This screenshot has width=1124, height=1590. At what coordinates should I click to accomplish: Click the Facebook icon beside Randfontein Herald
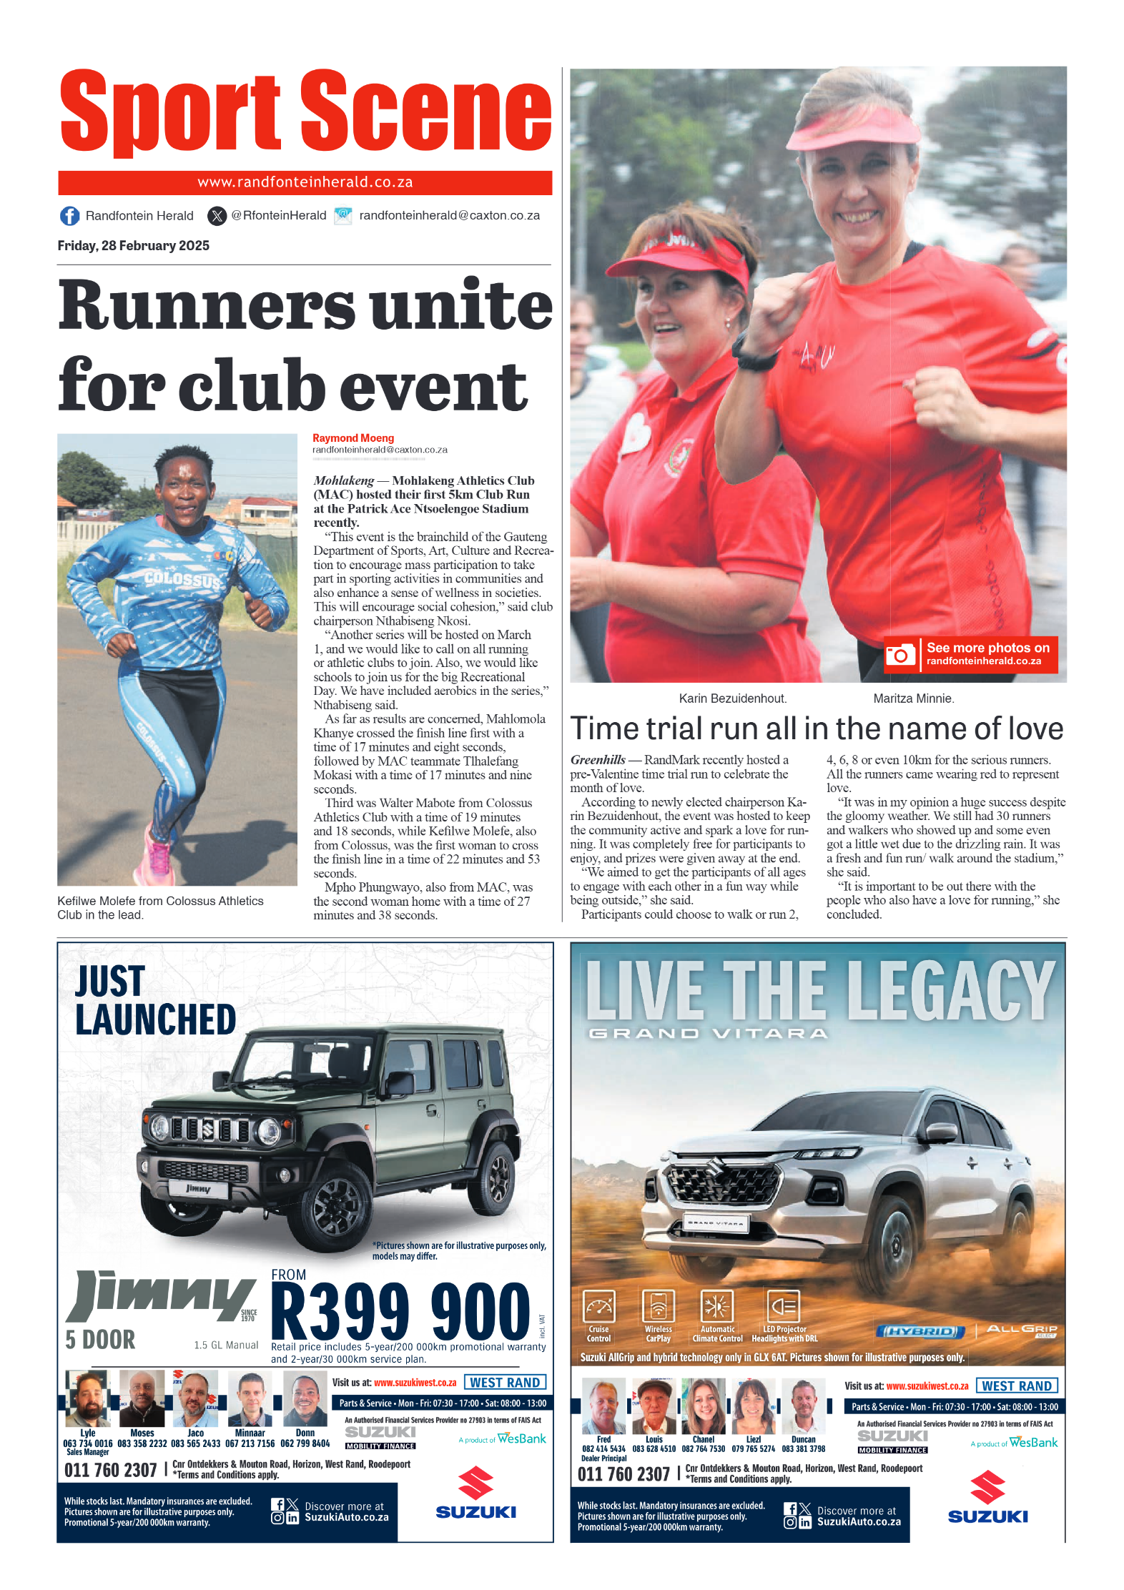pyautogui.click(x=69, y=216)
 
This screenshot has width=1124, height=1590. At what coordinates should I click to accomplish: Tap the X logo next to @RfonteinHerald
pyautogui.click(x=217, y=216)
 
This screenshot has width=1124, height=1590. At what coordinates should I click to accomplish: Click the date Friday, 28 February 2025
pyautogui.click(x=133, y=246)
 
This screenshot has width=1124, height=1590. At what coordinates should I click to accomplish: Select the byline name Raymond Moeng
pyautogui.click(x=353, y=438)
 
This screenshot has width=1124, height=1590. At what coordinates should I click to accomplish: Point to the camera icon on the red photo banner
pyautogui.click(x=900, y=654)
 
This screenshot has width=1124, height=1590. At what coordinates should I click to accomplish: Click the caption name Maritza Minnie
pyautogui.click(x=913, y=698)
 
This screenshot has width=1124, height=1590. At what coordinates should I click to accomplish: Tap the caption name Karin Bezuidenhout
pyautogui.click(x=732, y=698)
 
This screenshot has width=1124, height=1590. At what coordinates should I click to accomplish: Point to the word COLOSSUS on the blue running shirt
pyautogui.click(x=182, y=579)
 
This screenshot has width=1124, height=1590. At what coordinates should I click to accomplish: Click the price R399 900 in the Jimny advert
pyautogui.click(x=400, y=1312)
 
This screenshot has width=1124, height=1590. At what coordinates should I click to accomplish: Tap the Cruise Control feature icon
pyautogui.click(x=598, y=1307)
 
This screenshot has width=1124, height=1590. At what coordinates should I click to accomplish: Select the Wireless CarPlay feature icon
pyautogui.click(x=658, y=1307)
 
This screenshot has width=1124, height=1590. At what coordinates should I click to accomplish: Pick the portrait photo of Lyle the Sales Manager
pyautogui.click(x=87, y=1398)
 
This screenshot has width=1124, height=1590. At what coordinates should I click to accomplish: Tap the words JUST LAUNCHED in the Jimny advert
pyautogui.click(x=155, y=1000)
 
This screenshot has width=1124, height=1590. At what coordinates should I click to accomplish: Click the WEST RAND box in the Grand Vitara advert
pyautogui.click(x=1016, y=1386)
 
